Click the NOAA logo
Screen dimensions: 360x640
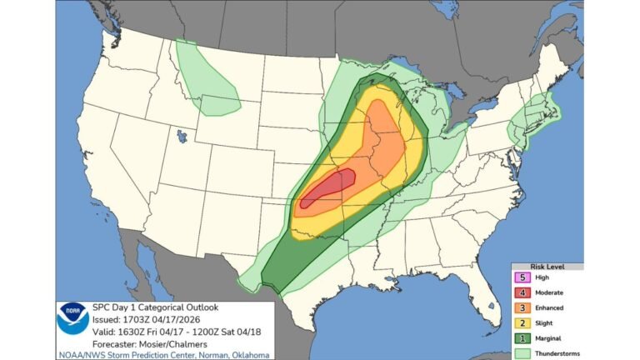[x=72, y=319]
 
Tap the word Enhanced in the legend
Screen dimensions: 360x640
[x=549, y=307]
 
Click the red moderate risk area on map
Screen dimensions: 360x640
[x=330, y=187]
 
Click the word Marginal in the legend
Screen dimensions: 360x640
[x=548, y=337]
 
